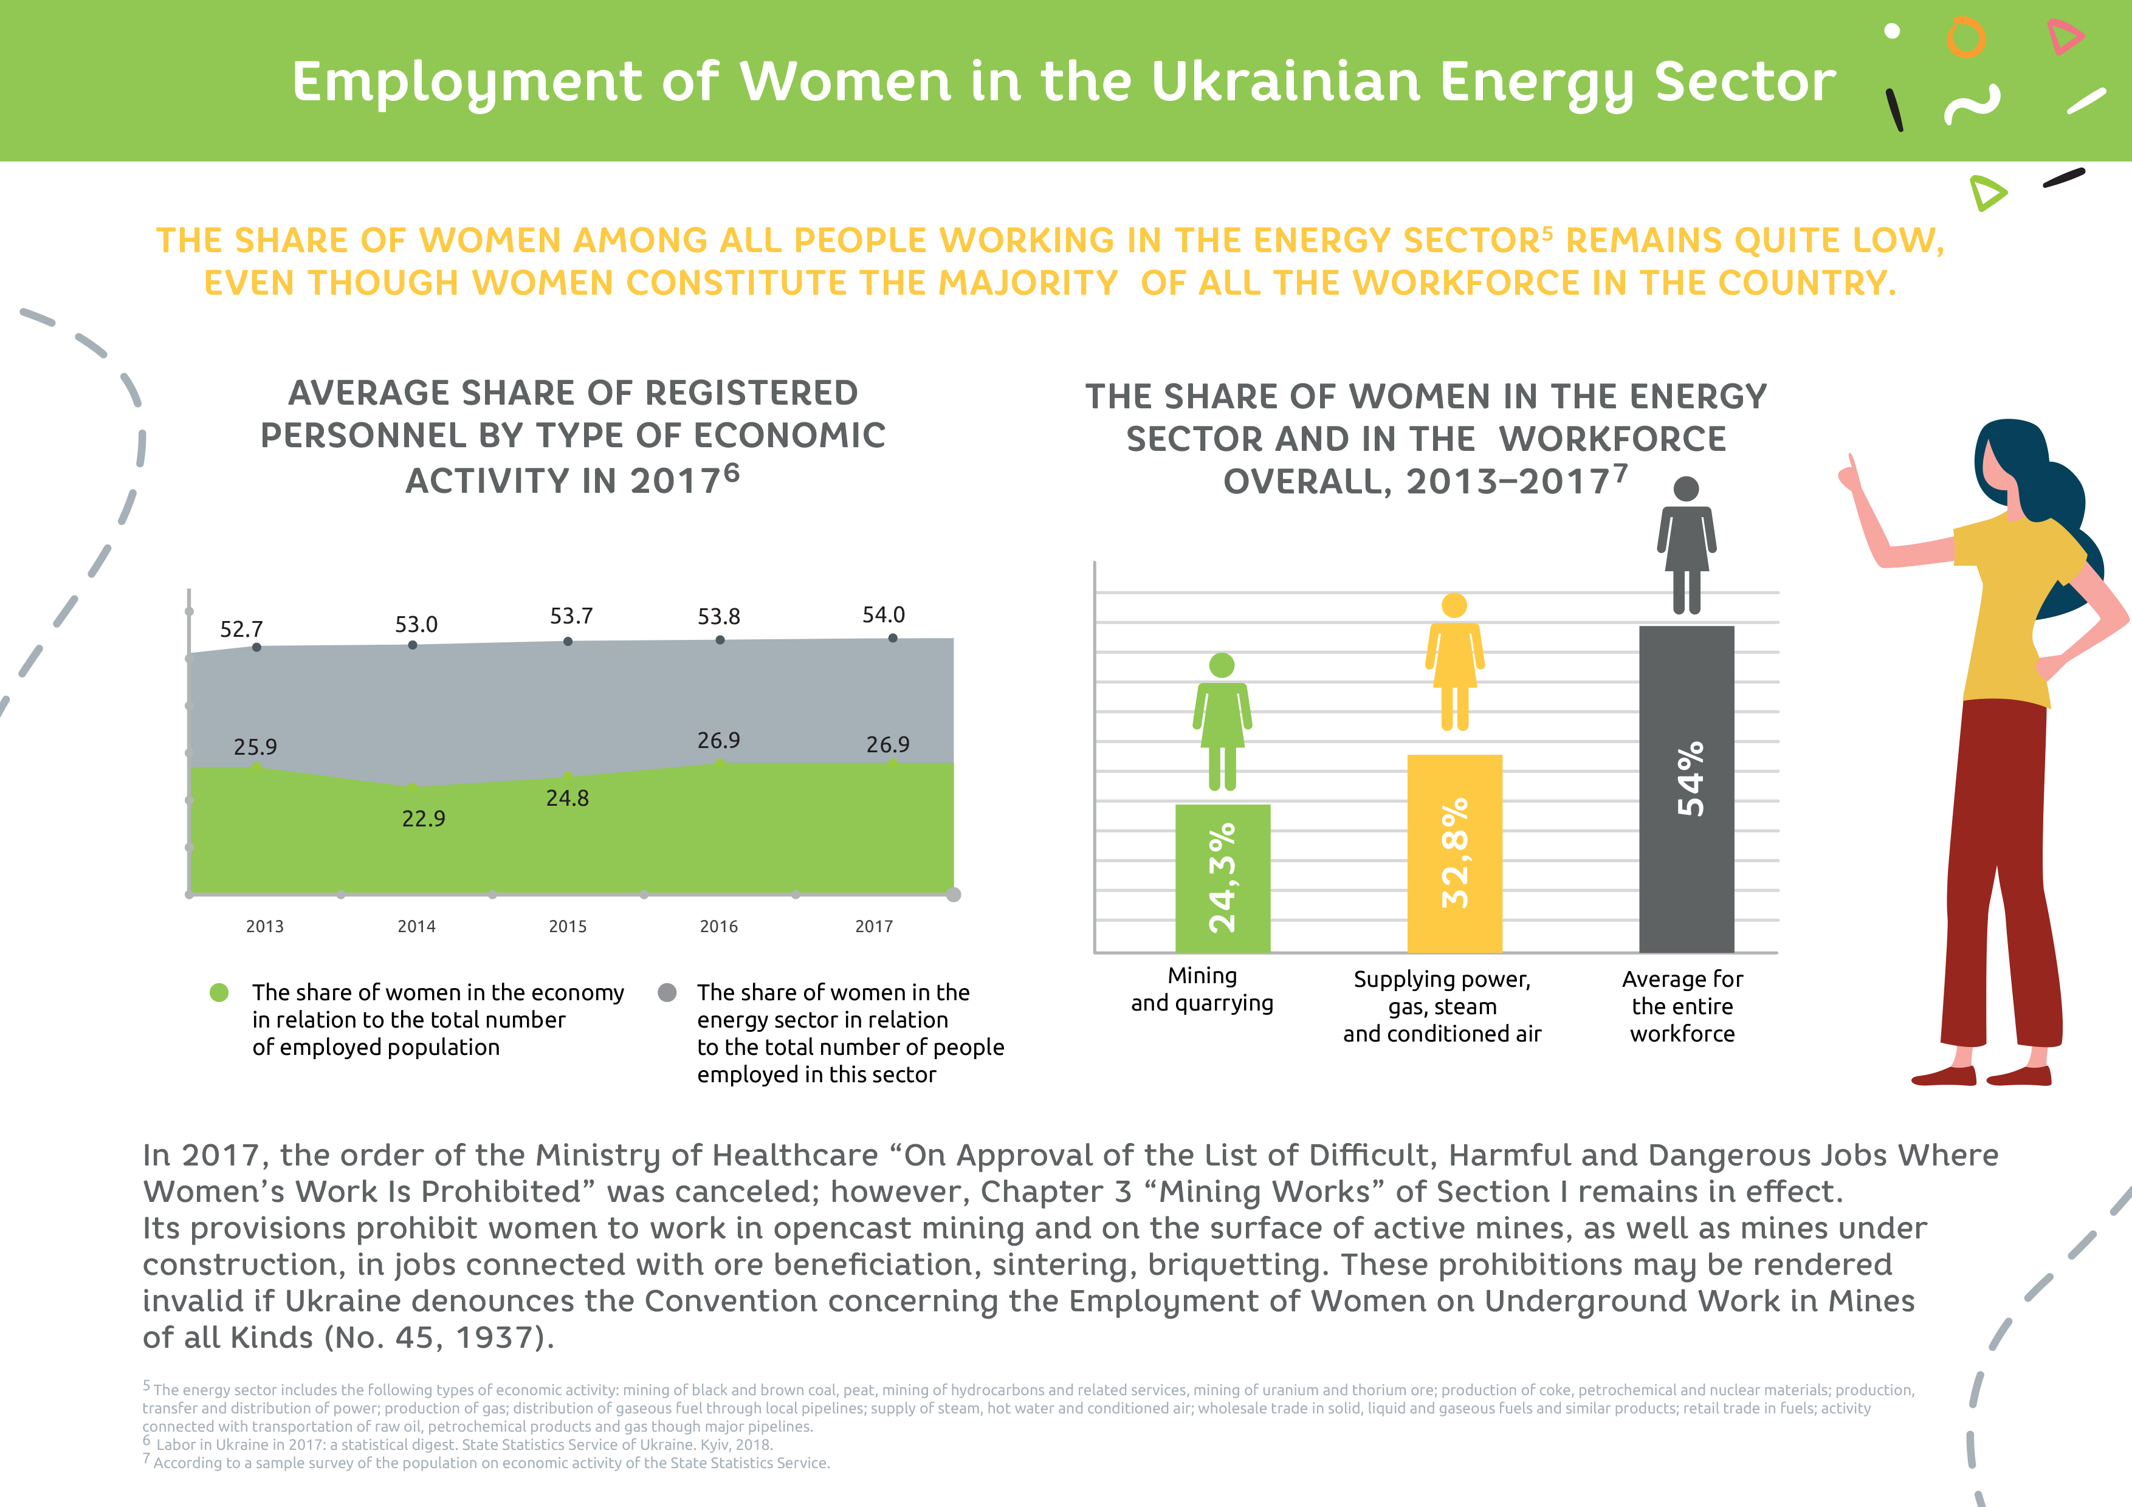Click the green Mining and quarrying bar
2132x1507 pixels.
coord(1222,877)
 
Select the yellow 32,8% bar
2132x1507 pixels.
coord(1454,853)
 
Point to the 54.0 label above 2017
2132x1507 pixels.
coord(883,615)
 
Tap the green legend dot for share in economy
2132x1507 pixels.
coord(219,992)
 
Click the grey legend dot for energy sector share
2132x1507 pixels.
coord(667,992)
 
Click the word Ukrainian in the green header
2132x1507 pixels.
coord(1285,81)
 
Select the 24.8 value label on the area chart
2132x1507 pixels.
coord(568,798)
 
